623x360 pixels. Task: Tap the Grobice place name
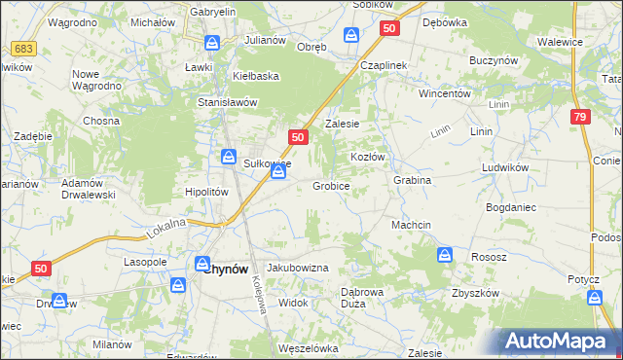(x=331, y=186)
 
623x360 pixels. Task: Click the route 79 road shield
(x=579, y=117)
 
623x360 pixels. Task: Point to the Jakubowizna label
(x=298, y=268)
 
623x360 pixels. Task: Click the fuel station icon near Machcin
(x=445, y=255)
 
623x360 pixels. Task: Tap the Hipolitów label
(x=206, y=192)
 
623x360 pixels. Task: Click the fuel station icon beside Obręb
(x=351, y=36)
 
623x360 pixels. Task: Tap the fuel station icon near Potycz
(x=596, y=300)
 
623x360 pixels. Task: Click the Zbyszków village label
(x=474, y=294)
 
